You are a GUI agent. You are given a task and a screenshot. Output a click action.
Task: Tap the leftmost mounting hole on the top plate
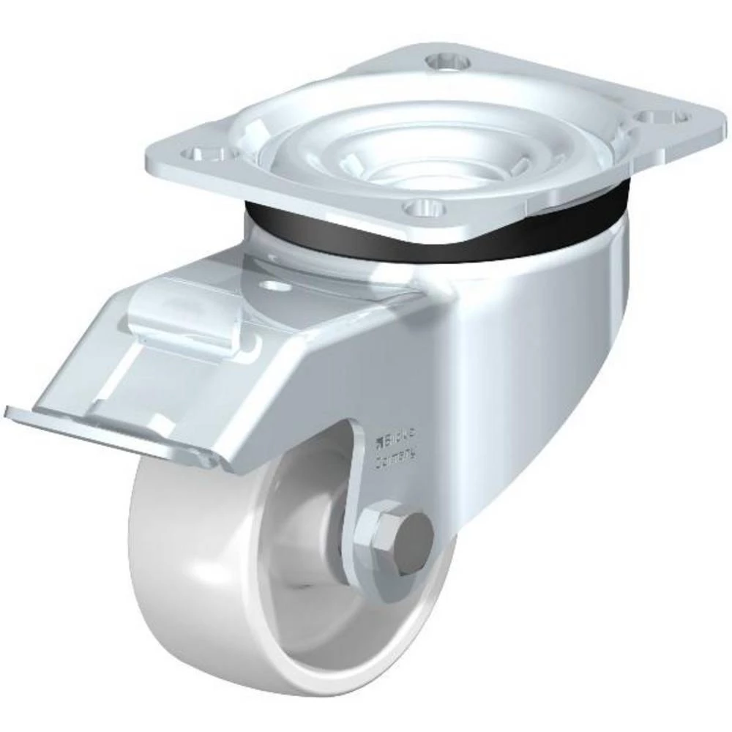pyautogui.click(x=202, y=154)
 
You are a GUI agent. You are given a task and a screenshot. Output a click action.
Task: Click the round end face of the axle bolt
pyautogui.click(x=414, y=540)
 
